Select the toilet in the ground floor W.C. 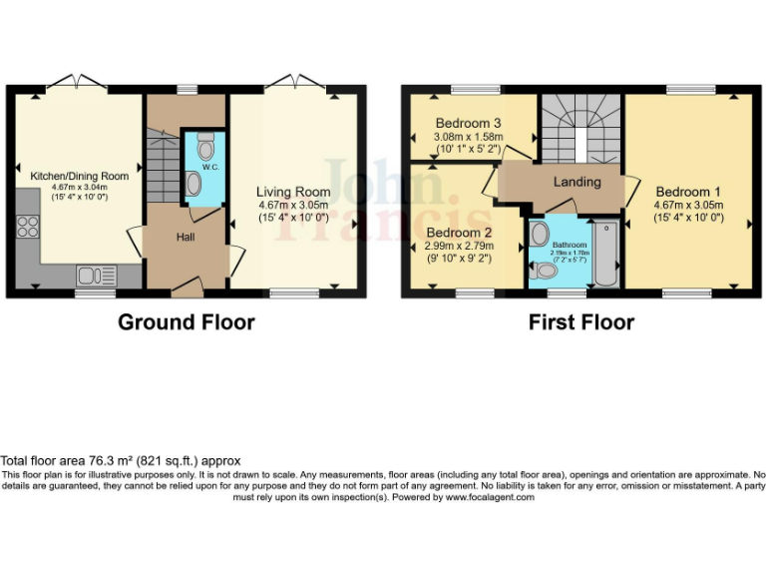pyautogui.click(x=205, y=148)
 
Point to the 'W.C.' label pyautogui.click(x=210, y=167)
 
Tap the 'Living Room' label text pyautogui.click(x=292, y=192)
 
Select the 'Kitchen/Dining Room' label pyautogui.click(x=79, y=176)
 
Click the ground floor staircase pyautogui.click(x=161, y=165)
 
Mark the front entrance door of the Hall pyautogui.click(x=186, y=290)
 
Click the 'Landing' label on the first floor pyautogui.click(x=577, y=182)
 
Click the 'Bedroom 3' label pyautogui.click(x=467, y=123)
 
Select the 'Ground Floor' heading pyautogui.click(x=186, y=322)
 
